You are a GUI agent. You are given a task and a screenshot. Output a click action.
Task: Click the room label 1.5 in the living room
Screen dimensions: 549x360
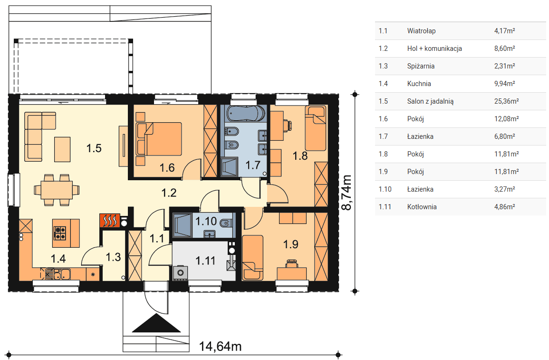(94, 148)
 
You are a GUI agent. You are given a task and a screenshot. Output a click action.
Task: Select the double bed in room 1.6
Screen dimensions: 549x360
(159, 139)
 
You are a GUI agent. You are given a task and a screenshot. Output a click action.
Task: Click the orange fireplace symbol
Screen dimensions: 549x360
(110, 221)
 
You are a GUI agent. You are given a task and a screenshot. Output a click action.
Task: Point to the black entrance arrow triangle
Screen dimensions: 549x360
(156, 323)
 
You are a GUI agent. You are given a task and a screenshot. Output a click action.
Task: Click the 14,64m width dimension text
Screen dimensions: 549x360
(220, 346)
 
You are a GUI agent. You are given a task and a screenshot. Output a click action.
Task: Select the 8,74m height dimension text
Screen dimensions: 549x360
(347, 193)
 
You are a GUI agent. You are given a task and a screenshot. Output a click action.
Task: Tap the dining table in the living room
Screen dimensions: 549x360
(57, 190)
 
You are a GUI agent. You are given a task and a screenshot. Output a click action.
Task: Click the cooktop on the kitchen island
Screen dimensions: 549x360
(59, 233)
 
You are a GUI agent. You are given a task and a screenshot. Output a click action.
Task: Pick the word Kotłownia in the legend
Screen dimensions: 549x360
(422, 206)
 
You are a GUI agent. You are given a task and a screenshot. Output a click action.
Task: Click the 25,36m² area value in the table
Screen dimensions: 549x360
(506, 101)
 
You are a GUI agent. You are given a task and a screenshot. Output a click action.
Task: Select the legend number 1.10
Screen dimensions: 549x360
(385, 189)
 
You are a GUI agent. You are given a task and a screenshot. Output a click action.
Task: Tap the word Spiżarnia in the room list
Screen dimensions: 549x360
(421, 66)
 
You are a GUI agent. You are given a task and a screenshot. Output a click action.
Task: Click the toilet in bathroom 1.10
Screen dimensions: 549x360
(225, 222)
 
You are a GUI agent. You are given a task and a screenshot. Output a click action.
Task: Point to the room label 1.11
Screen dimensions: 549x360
(205, 261)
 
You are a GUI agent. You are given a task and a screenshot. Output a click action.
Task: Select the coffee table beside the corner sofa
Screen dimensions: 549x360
(62, 149)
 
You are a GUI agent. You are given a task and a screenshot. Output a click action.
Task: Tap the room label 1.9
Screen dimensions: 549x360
(290, 244)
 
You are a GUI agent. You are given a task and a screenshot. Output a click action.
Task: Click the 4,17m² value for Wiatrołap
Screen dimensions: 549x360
(504, 31)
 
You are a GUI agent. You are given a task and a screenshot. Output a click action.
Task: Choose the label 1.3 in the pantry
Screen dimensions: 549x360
(113, 257)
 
